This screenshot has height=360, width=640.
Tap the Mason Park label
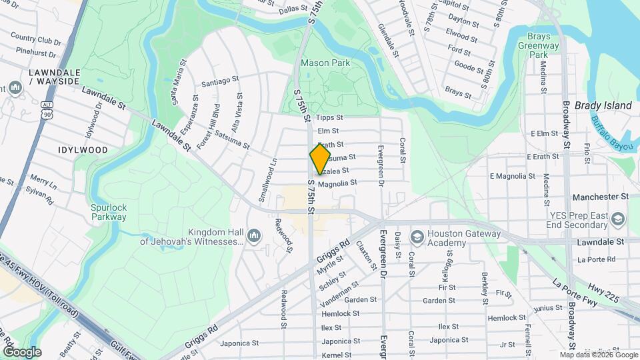tap(325, 63)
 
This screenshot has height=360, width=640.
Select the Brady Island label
tap(603, 105)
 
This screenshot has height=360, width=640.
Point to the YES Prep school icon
tap(618, 219)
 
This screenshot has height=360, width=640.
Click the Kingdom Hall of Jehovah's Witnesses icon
tap(253, 235)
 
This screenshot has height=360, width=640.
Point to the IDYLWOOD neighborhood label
tap(83, 150)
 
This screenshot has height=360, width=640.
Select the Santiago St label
tap(219, 81)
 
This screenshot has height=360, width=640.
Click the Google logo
tap(22, 352)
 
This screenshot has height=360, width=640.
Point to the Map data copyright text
tap(597, 355)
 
